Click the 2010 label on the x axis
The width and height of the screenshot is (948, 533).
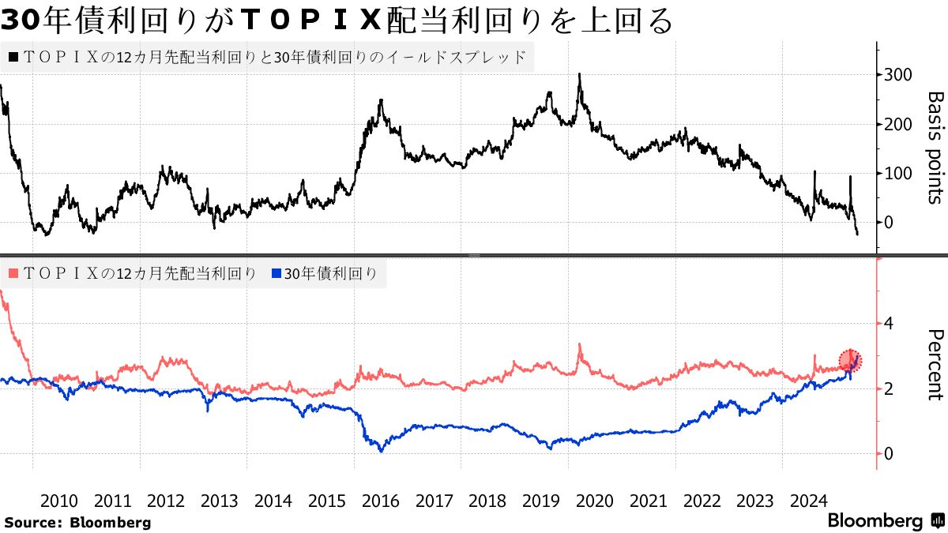(x=58, y=501)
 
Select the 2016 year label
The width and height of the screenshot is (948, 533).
(x=380, y=501)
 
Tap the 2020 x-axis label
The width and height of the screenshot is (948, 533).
(x=594, y=501)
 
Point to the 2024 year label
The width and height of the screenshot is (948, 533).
(x=808, y=501)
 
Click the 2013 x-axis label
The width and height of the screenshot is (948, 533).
(x=219, y=501)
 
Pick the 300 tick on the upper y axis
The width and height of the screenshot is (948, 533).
(x=896, y=74)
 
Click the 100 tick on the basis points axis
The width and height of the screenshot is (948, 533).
(x=896, y=173)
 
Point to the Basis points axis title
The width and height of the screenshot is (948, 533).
(x=934, y=148)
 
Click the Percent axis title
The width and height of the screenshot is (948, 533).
(x=934, y=365)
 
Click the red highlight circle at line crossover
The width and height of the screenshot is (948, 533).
(x=850, y=361)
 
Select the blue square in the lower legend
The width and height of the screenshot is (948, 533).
(x=276, y=273)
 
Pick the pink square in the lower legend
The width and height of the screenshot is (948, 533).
(x=14, y=273)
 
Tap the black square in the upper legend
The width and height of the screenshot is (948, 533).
(x=14, y=57)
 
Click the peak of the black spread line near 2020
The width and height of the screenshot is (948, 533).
(x=580, y=74)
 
